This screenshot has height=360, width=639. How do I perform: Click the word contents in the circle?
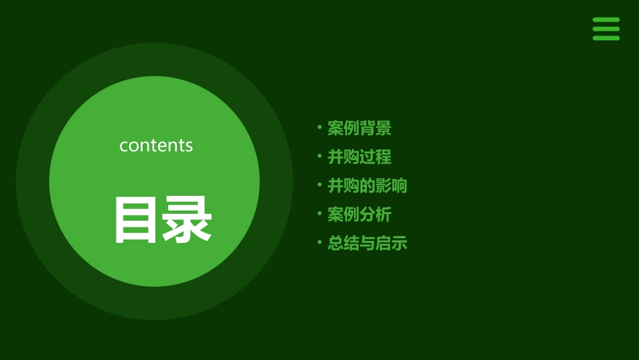(156, 145)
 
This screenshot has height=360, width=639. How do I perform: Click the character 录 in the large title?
(187, 219)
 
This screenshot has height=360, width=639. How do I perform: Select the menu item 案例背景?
(359, 128)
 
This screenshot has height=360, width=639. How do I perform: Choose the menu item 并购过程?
(359, 157)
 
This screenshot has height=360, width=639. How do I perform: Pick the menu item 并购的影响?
(367, 186)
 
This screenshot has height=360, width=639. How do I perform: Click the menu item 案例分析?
(359, 215)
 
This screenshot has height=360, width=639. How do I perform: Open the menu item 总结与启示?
(367, 243)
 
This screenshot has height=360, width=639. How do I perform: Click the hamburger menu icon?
(606, 29)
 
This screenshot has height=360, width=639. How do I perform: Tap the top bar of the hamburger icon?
(606, 20)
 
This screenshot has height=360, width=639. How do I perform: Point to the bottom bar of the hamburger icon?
(606, 38)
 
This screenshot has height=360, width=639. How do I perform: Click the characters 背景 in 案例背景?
(375, 128)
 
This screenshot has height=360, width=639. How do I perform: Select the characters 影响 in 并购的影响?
(391, 186)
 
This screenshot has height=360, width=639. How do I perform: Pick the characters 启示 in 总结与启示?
(391, 243)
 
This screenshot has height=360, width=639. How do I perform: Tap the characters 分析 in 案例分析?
(375, 215)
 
